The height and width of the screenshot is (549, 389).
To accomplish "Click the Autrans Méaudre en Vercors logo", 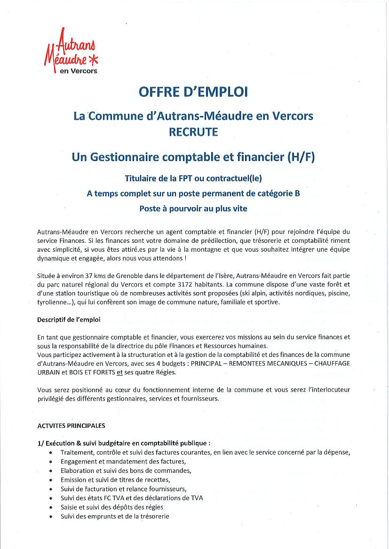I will click(72, 52).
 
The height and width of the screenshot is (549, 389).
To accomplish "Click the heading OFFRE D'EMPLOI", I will click(193, 92).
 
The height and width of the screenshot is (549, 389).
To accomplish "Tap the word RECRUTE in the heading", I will click(193, 132).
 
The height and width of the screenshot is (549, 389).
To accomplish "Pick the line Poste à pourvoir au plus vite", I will click(193, 209).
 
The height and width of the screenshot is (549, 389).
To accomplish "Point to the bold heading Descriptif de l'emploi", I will click(69, 320).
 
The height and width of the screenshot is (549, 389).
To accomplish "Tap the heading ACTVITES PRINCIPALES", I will click(71, 426).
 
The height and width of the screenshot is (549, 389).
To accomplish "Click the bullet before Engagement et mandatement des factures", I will click(50, 462).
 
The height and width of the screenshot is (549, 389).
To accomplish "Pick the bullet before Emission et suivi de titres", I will click(50, 480).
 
